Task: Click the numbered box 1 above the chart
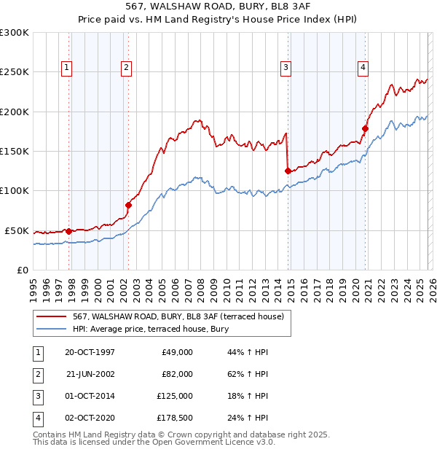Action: point(67,68)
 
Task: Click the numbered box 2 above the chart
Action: point(126,68)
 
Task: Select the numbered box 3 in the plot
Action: point(286,68)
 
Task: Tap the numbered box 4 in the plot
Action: point(362,68)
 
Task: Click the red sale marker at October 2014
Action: point(288,171)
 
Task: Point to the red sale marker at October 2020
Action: point(366,129)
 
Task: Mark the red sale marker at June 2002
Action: point(129,205)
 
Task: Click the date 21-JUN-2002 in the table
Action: point(90,374)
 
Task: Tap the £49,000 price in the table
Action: point(176,352)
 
